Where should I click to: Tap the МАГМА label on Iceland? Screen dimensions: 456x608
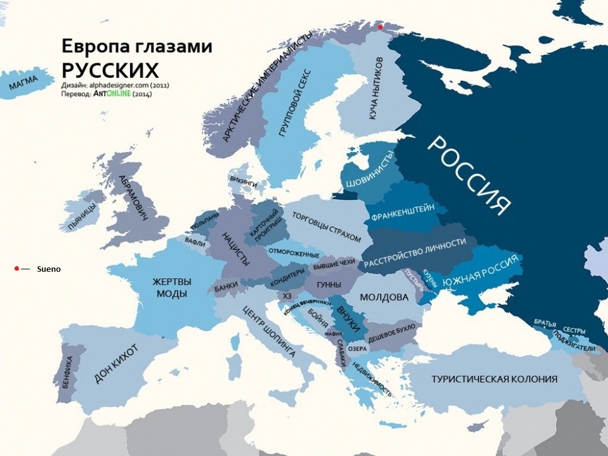(x=23, y=84)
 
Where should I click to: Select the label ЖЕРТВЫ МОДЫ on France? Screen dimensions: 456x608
(x=171, y=288)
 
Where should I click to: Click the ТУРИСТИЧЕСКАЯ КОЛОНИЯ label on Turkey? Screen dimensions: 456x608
(x=494, y=379)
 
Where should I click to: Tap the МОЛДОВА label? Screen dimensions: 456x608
(x=384, y=297)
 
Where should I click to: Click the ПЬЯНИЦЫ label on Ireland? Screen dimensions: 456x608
(x=83, y=216)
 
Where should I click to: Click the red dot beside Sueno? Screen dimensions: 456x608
(x=17, y=268)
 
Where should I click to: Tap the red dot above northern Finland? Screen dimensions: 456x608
(x=381, y=27)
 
